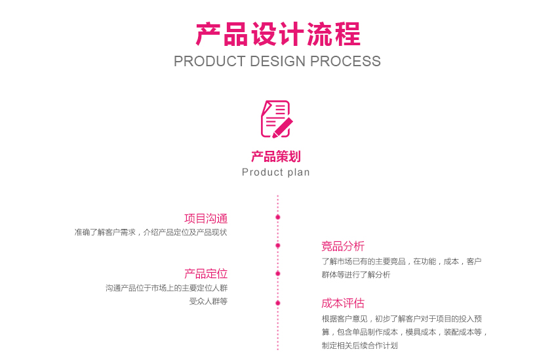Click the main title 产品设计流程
click(278, 33)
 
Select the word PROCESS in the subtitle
click(346, 62)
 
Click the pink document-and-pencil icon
click(276, 119)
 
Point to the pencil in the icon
click(283, 127)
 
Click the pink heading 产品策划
click(276, 157)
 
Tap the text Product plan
click(276, 172)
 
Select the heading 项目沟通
click(206, 218)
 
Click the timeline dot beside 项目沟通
click(278, 217)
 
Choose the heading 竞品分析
click(343, 247)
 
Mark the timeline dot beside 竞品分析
click(278, 245)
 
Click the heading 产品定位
click(206, 274)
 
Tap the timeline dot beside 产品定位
click(278, 273)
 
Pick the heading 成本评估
click(343, 304)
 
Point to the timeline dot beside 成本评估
click(278, 303)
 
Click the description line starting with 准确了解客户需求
click(151, 233)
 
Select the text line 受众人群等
click(208, 302)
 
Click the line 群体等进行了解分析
click(356, 275)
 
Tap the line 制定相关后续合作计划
click(360, 346)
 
